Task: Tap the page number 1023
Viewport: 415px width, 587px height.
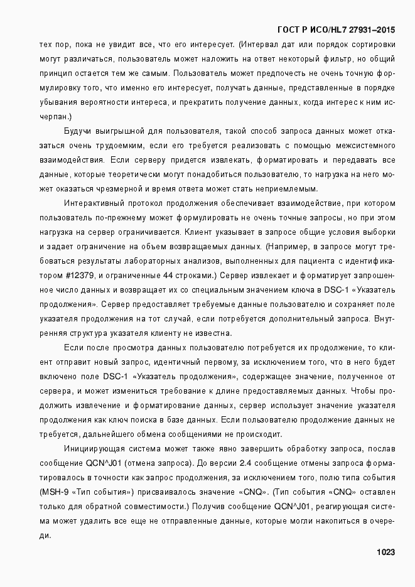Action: coord(385,552)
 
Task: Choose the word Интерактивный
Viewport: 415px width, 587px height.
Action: coord(94,203)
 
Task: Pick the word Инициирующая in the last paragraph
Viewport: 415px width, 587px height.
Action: coord(92,449)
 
